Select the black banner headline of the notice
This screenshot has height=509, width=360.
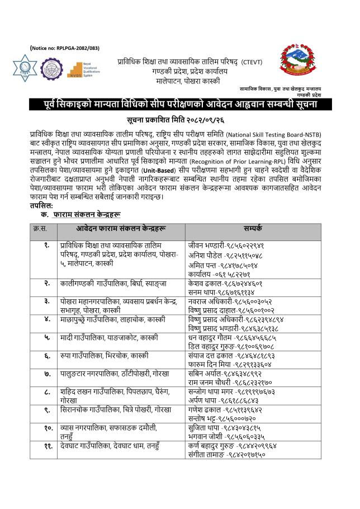181,105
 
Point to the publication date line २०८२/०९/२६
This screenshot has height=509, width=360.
180,120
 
